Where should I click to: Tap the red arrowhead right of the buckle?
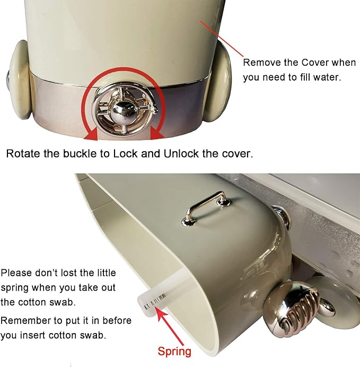click(x=156, y=134)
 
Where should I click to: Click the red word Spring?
click(x=174, y=351)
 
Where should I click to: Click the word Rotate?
click(x=23, y=154)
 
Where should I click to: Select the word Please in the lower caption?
click(x=16, y=273)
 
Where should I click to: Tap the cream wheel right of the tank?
click(x=217, y=82)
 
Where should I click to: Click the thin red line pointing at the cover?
click(x=222, y=38)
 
